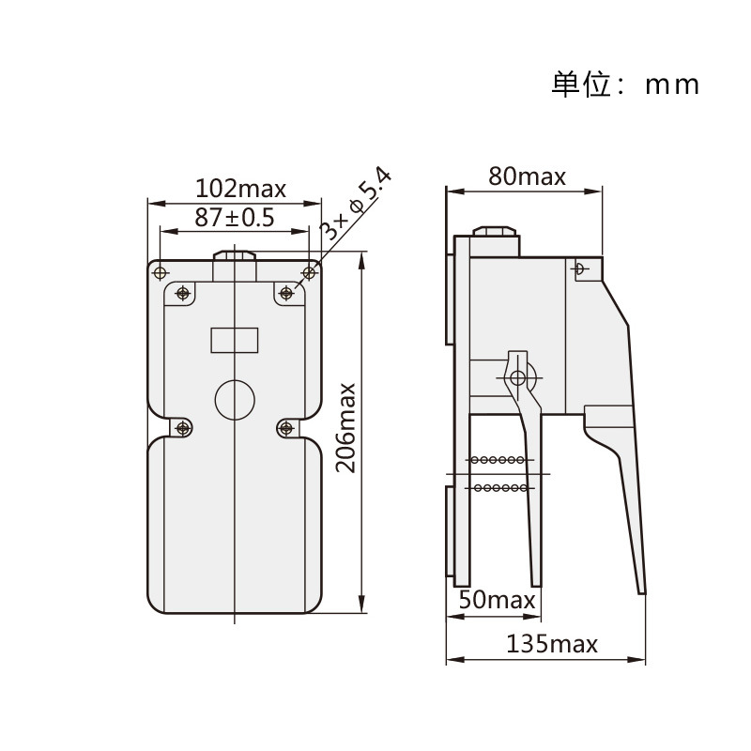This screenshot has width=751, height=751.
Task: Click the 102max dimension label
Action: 240,189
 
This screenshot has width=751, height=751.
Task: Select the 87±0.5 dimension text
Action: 234,218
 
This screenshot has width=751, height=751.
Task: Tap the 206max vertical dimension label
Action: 345,428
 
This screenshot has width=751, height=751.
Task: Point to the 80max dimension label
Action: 527,176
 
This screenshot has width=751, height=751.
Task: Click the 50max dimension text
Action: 497,600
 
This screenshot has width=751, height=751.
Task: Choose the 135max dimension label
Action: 552,644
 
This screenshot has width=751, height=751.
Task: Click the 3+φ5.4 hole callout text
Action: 356,204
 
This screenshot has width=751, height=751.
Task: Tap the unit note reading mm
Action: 672,85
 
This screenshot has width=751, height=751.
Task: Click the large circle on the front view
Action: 235,400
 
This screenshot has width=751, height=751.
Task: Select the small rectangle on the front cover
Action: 235,340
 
